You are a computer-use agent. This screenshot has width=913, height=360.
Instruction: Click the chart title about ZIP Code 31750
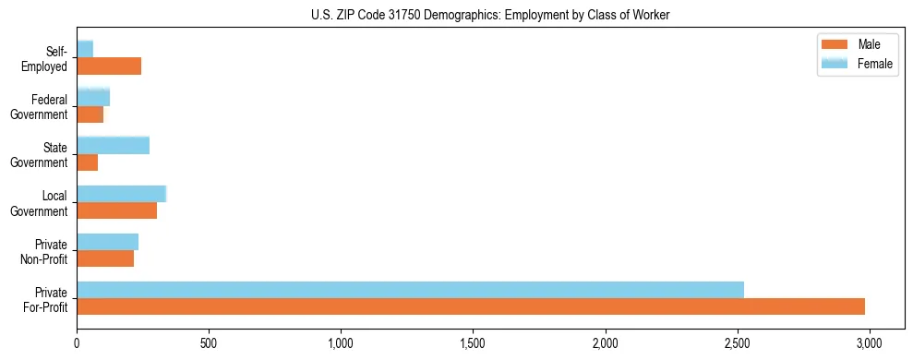pos(456,15)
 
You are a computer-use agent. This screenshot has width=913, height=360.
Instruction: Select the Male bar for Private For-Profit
pos(471,306)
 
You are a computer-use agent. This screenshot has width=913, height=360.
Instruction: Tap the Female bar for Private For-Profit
pos(410,289)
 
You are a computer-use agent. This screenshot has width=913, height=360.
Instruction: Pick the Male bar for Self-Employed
pos(109,66)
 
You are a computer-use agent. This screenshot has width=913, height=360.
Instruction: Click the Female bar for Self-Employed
pos(85,48)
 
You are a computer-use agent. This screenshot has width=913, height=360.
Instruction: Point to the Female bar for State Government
pos(113,145)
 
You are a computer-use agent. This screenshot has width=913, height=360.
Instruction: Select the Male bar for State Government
pos(88,162)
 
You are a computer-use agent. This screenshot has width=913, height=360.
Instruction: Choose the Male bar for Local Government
pos(116,210)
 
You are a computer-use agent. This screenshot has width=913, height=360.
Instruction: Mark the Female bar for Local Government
pos(121,193)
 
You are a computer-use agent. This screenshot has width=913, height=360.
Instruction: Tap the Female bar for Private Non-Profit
pos(107,241)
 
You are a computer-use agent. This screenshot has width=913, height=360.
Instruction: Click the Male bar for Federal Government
pos(90,114)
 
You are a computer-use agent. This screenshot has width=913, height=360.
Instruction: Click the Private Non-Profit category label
pos(45,250)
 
